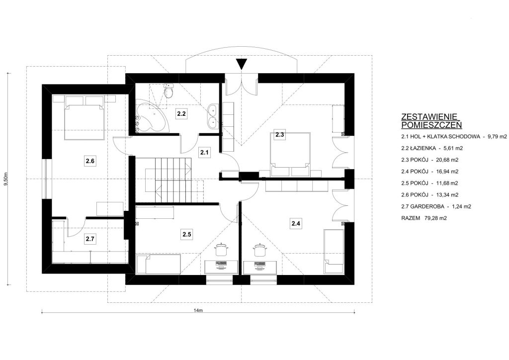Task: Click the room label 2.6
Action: (90, 161)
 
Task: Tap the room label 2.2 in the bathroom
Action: (181, 113)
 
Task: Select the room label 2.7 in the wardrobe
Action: (90, 239)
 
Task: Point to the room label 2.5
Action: (187, 234)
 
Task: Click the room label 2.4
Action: (296, 223)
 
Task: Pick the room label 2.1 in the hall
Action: (204, 152)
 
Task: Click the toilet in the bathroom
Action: (169, 91)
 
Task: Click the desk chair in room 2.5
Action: (222, 250)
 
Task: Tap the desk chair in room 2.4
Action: (259, 250)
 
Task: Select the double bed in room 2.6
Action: (85, 117)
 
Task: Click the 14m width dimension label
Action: (198, 310)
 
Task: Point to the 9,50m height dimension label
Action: (5, 179)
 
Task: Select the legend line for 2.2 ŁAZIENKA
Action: (432, 148)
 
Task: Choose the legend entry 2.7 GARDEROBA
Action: (436, 206)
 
